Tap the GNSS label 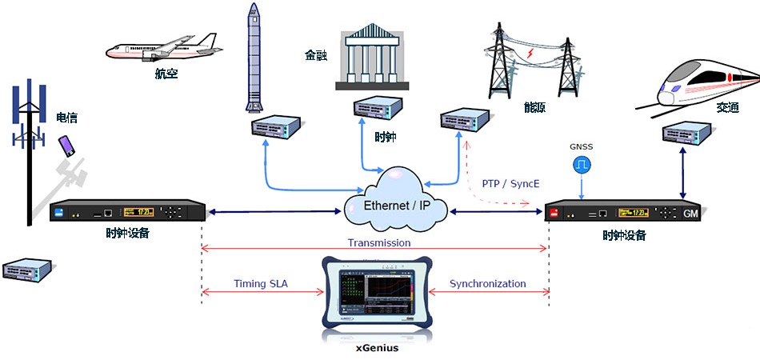581,148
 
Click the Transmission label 379,242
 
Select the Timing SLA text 260,284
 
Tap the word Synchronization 487,284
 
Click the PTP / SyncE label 510,184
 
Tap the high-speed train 704,84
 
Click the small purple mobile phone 66,145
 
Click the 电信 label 66,118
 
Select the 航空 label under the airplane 166,75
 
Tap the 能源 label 534,107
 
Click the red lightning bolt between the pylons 529,54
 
